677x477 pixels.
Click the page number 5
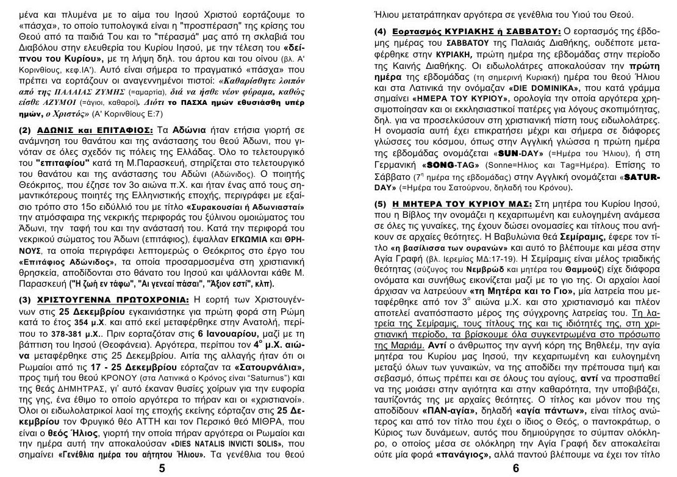point(162,468)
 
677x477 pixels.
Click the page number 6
point(515,468)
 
